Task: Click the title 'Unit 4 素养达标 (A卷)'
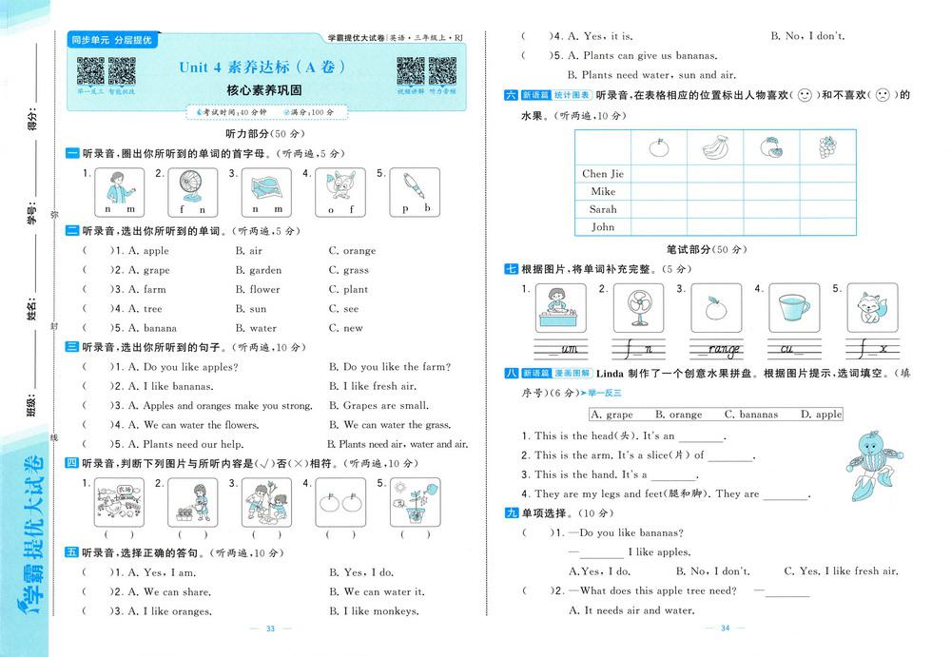point(262,68)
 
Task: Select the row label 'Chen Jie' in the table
point(603,174)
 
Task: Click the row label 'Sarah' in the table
point(603,209)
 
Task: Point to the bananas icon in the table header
point(715,147)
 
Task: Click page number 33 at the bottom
point(270,628)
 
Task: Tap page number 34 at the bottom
point(725,628)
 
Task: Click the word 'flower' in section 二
point(264,290)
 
